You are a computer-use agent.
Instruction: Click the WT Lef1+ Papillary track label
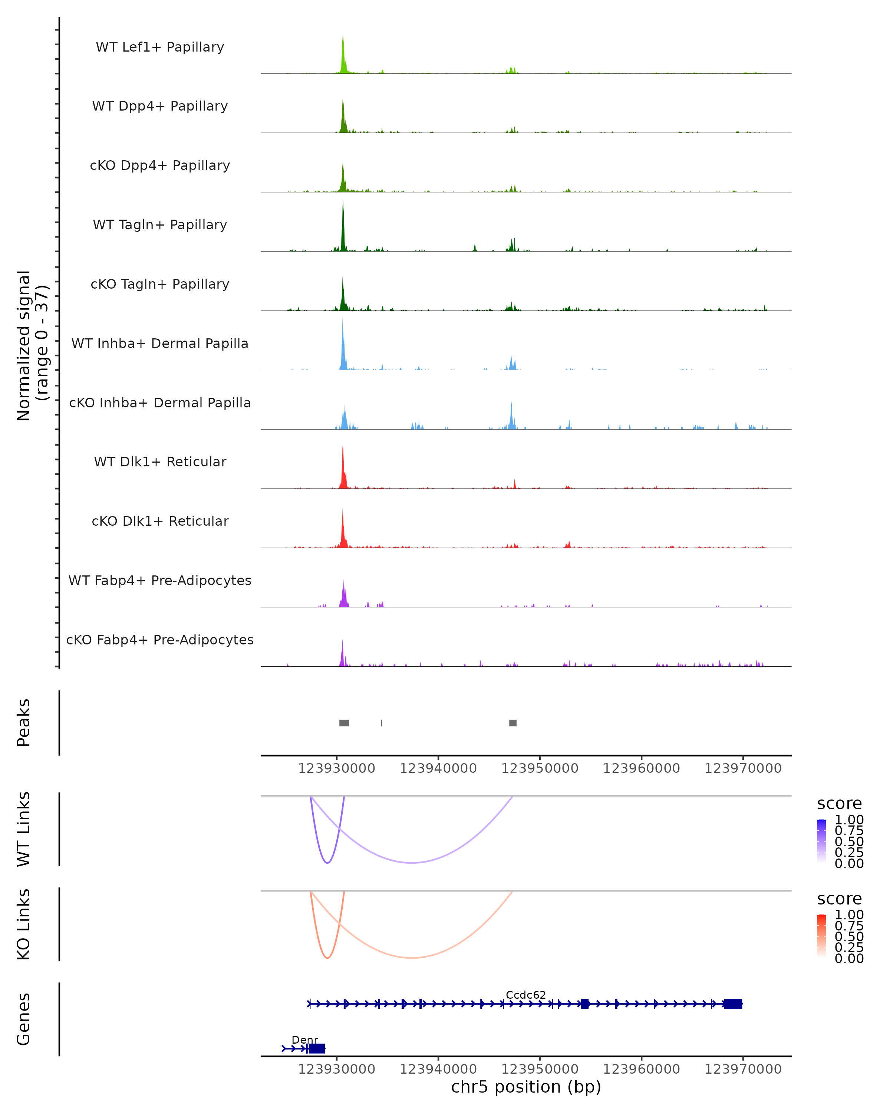[x=160, y=47]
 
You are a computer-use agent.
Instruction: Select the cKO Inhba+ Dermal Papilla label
[x=160, y=403]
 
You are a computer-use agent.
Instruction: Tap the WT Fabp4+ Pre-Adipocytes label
[x=160, y=580]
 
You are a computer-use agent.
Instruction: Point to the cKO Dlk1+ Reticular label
[x=160, y=521]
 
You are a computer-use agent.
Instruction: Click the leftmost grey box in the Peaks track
[x=344, y=723]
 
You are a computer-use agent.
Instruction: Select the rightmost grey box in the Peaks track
[x=513, y=723]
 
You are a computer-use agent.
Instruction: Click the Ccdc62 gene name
[x=526, y=995]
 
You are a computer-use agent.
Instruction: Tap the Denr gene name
[x=305, y=1040]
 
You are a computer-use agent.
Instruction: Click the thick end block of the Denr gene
[x=317, y=1048]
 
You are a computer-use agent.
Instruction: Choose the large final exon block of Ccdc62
[x=733, y=1004]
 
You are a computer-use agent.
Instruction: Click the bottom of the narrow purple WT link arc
[x=327, y=862]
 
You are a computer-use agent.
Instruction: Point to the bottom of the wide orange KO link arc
[x=411, y=958]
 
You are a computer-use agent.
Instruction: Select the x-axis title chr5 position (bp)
[x=526, y=1087]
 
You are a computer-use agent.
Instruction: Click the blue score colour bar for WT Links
[x=821, y=841]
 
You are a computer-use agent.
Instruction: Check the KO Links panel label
[x=24, y=924]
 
